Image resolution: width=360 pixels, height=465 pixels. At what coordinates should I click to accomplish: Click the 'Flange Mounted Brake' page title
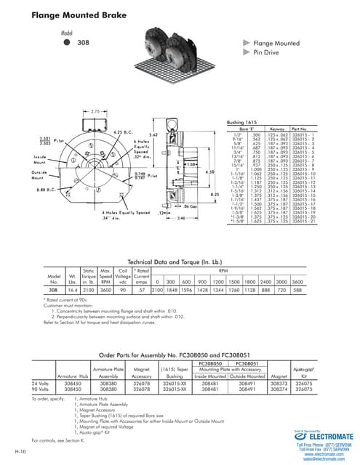[59, 14]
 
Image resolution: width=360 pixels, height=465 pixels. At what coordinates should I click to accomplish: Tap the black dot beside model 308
[66, 42]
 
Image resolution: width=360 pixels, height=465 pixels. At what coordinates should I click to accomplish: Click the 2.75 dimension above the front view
[95, 111]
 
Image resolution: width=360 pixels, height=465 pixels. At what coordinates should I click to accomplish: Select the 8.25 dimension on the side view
[215, 195]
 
